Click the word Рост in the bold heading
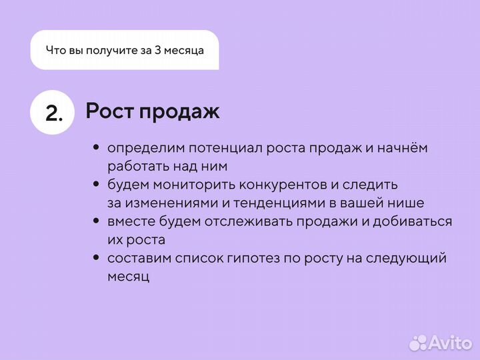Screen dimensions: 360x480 [109, 111]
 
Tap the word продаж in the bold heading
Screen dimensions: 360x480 [179, 112]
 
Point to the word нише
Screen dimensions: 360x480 [409, 203]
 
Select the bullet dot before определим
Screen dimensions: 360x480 [97, 147]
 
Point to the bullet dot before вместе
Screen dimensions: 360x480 [97, 221]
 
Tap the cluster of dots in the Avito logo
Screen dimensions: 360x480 [418, 342]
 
